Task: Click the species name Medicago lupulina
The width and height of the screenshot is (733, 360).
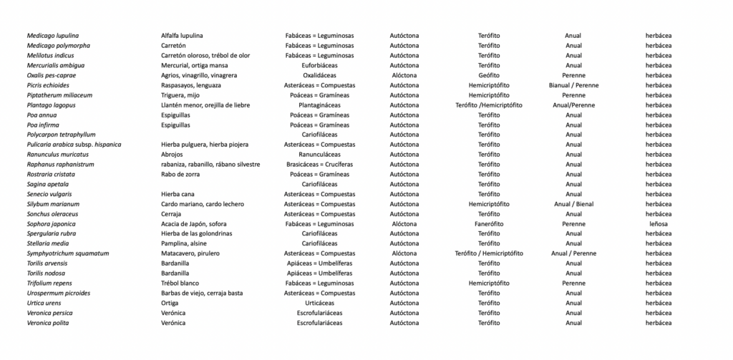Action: (53, 36)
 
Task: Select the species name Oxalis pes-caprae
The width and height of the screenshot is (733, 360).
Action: (52, 75)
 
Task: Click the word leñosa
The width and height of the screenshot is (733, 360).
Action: (658, 223)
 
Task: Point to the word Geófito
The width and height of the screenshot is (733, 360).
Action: (489, 75)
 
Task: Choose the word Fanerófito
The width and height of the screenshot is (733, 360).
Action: (489, 223)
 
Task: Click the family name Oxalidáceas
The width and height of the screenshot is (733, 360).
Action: (319, 75)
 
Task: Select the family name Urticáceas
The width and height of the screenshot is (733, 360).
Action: (319, 303)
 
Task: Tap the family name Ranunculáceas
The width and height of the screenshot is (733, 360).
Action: (319, 155)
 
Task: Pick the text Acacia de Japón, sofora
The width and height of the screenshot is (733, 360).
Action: (194, 223)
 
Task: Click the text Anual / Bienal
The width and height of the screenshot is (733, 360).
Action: (573, 204)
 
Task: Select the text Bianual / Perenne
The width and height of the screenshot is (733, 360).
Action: (573, 85)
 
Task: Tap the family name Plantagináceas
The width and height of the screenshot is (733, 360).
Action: (319, 105)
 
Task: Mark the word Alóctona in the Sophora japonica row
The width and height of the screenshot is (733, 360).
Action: (404, 223)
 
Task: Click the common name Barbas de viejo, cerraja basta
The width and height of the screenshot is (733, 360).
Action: (203, 293)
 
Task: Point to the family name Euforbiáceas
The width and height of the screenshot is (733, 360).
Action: (319, 65)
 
